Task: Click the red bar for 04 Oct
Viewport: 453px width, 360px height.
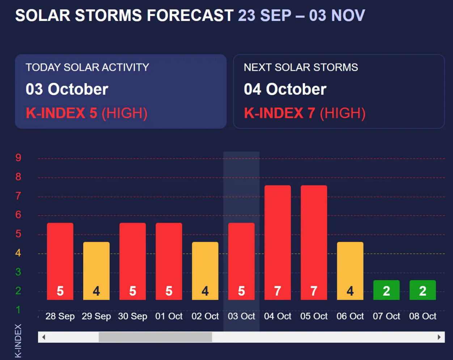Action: [x=278, y=242]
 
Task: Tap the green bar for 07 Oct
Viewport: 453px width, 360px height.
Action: [x=386, y=290]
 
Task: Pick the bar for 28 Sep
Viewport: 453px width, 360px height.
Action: [x=60, y=261]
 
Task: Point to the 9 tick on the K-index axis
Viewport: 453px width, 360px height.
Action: [x=18, y=158]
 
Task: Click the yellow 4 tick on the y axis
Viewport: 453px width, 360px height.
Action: [x=18, y=253]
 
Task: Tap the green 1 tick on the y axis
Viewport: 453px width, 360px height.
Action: [x=18, y=310]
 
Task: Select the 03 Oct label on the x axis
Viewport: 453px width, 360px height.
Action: [x=241, y=316]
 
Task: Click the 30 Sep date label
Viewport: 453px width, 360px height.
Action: [x=132, y=316]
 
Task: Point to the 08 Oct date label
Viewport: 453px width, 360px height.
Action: [x=423, y=316]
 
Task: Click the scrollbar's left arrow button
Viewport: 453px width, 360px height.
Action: [x=44, y=337]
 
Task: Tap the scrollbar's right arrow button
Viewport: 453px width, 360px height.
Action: [x=439, y=337]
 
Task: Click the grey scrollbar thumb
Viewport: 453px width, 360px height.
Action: [x=155, y=337]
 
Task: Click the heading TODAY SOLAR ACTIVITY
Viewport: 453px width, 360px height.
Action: [x=87, y=68]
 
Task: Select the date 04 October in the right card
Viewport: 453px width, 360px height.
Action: [x=285, y=89]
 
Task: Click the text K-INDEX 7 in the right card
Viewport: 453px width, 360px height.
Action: [x=279, y=113]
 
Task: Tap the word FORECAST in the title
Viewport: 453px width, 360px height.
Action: [x=190, y=16]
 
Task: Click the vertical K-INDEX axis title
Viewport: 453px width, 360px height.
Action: [x=18, y=340]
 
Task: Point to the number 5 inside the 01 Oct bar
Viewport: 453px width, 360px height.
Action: [x=169, y=291]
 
